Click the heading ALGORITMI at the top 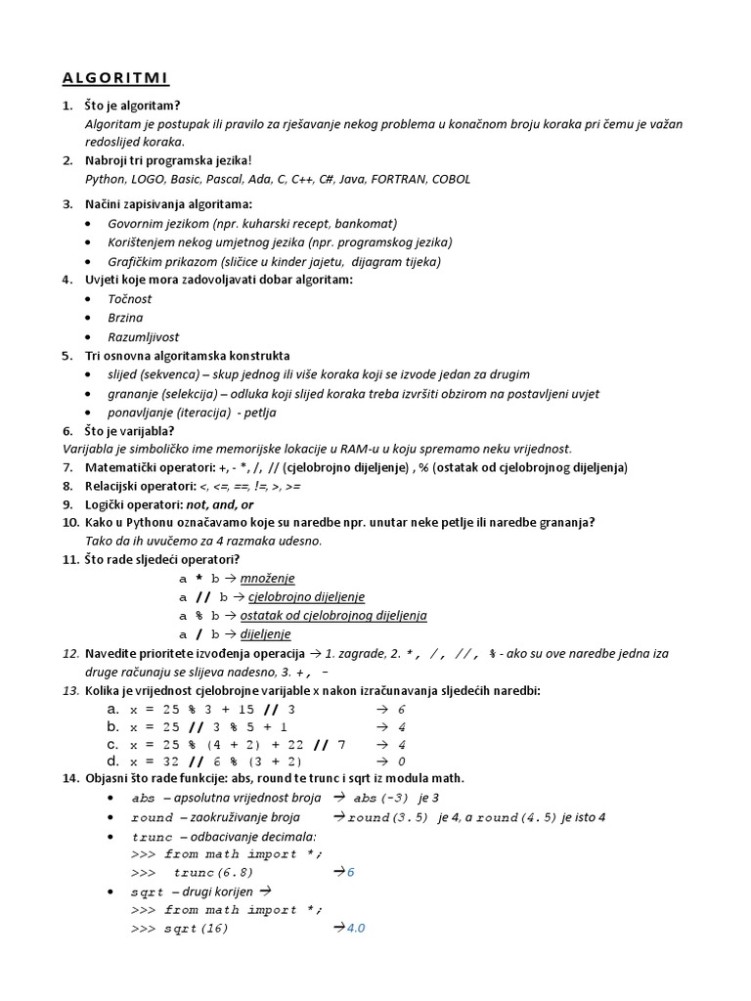tap(114, 77)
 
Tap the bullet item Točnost tap(130, 299)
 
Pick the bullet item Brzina tap(125, 318)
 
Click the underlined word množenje tap(267, 578)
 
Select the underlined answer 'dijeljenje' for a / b tap(265, 633)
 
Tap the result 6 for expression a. tap(402, 709)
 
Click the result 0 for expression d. tap(402, 761)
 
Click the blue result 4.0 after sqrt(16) tap(356, 928)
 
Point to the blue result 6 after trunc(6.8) tap(351, 872)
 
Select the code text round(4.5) tap(511, 817)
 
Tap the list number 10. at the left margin tap(69, 523)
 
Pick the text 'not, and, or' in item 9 tap(220, 504)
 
